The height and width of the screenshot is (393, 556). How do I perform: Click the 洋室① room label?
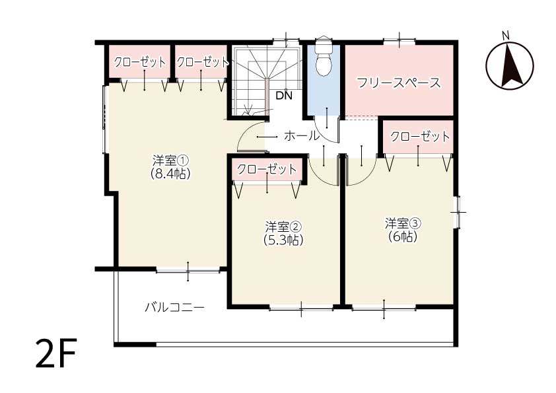click(170, 161)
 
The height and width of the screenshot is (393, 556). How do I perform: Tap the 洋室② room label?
click(283, 227)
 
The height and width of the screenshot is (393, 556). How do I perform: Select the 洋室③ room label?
click(403, 223)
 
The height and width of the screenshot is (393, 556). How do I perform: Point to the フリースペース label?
click(399, 83)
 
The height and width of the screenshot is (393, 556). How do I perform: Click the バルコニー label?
click(174, 307)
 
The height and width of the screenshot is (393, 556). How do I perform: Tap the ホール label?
click(301, 135)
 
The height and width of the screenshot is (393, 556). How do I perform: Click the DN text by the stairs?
click(284, 95)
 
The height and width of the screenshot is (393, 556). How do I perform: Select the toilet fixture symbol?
click(323, 56)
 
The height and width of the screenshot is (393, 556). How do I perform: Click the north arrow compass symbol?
click(510, 65)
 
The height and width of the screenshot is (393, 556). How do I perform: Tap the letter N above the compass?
click(506, 36)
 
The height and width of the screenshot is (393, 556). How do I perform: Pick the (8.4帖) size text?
click(170, 174)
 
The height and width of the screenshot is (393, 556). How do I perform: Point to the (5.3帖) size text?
click(283, 240)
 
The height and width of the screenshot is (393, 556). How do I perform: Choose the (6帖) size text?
click(403, 236)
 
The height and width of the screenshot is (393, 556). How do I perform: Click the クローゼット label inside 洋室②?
click(266, 169)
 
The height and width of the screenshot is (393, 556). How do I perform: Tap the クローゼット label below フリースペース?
click(420, 136)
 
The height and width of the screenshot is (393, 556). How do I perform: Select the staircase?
click(267, 81)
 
